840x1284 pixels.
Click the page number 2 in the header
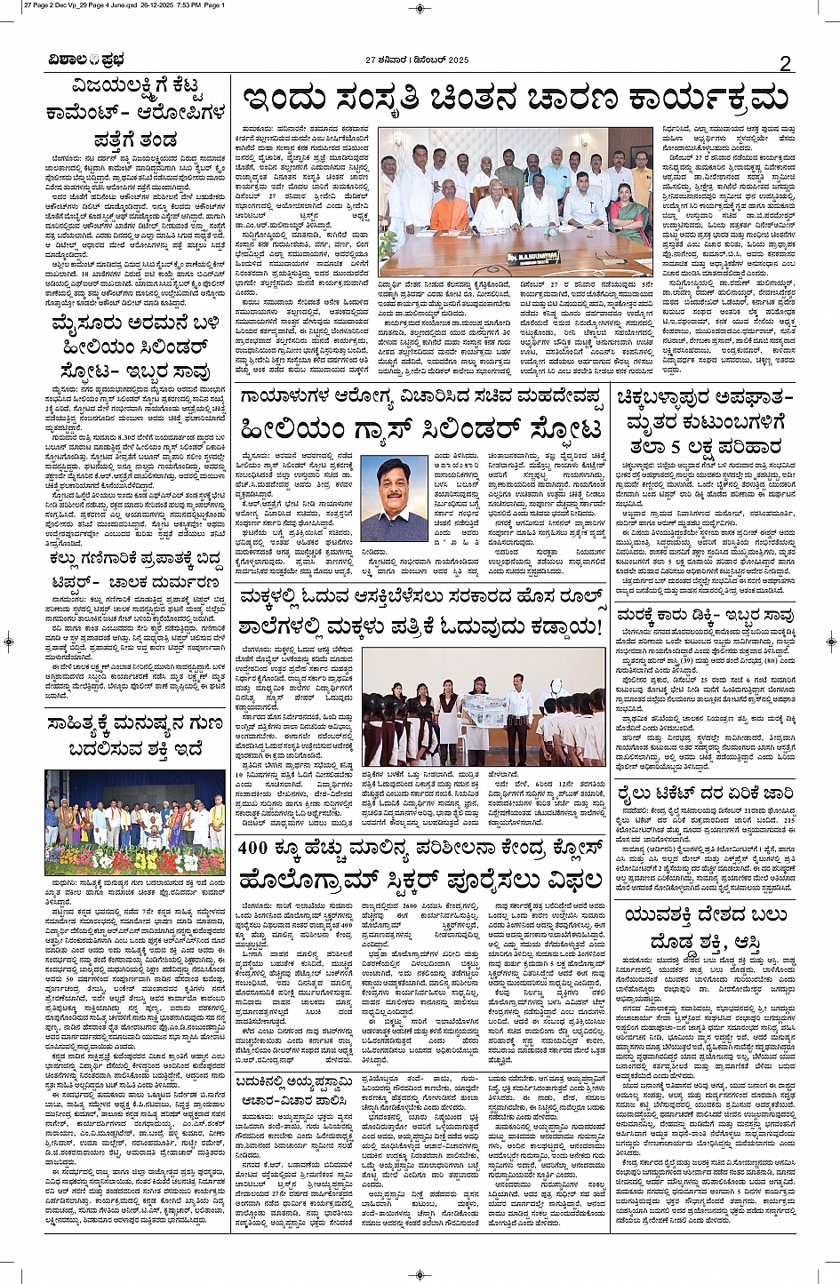click(785, 61)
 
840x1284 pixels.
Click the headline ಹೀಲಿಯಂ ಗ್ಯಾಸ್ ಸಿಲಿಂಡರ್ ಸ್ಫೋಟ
click(422, 429)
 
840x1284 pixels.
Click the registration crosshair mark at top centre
click(420, 7)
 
